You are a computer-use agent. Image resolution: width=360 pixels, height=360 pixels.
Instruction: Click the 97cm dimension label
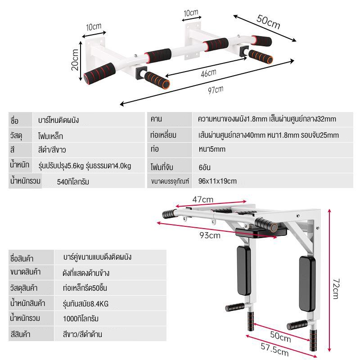click(216, 90)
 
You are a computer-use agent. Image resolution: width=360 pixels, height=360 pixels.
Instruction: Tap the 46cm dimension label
click(208, 73)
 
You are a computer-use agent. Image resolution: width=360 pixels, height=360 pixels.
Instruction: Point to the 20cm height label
click(75, 60)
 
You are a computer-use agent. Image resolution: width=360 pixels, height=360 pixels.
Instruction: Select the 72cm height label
click(336, 288)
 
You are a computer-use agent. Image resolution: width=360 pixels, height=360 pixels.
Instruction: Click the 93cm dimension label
click(210, 235)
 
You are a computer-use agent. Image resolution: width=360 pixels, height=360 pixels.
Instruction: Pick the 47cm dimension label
click(203, 199)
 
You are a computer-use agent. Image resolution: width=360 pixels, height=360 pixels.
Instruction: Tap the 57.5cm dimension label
click(274, 349)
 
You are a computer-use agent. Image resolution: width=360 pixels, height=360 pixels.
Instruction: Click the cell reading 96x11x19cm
click(217, 181)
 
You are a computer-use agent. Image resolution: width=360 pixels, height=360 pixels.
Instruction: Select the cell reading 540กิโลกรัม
click(73, 182)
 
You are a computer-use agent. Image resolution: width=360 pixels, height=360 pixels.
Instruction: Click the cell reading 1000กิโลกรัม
click(81, 319)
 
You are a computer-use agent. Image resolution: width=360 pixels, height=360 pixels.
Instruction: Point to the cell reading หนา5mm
click(212, 149)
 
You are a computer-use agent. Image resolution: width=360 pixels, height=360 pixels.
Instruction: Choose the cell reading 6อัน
click(204, 167)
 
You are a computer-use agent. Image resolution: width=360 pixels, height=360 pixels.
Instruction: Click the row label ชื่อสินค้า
click(22, 258)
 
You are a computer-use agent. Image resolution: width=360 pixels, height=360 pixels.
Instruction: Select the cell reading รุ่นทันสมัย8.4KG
click(85, 304)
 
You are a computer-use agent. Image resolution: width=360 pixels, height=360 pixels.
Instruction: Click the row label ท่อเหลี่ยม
click(163, 135)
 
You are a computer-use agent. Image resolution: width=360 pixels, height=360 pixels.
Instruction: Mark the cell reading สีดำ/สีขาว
click(52, 150)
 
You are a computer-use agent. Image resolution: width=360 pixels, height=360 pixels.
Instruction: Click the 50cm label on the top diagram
click(268, 22)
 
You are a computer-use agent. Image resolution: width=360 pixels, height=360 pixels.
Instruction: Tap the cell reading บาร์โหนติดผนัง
click(58, 120)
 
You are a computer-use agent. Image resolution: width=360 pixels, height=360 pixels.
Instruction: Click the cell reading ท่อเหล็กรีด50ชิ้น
click(85, 288)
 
